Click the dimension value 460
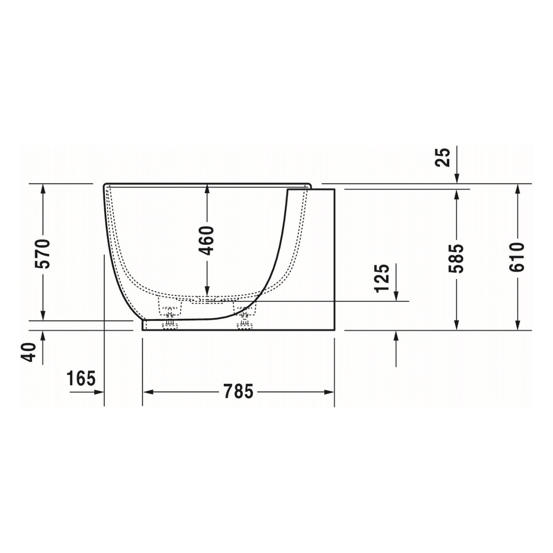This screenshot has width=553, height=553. pos(208,240)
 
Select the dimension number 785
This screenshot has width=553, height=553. pos(238,392)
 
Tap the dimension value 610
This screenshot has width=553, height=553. pos(517,257)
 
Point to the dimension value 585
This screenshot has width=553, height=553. pos(457,258)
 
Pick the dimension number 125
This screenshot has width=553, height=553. pos(383,278)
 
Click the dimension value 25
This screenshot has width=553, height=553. pos(444,157)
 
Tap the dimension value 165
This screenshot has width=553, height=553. pos(81,379)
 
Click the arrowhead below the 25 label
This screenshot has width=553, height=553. pos(457,178)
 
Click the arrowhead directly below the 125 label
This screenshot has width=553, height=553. pos(396,296)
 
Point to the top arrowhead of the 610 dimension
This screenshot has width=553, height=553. pos(517,189)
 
